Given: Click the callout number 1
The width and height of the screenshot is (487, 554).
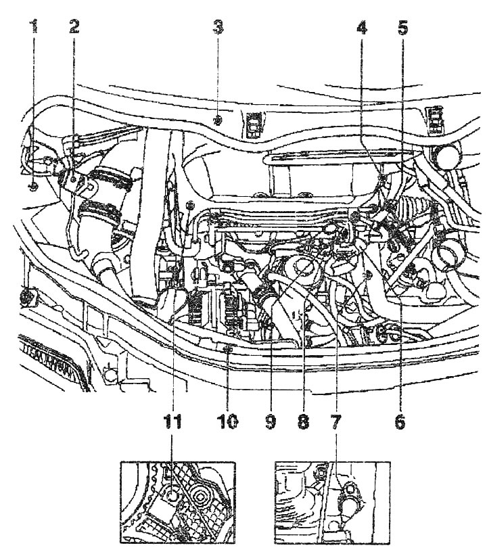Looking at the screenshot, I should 32,27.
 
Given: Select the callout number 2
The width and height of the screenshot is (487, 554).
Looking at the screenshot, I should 74,27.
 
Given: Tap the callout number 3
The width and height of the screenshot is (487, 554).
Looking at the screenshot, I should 217,27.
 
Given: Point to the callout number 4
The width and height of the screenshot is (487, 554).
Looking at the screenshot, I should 363,27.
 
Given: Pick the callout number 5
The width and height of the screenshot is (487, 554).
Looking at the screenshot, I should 402,27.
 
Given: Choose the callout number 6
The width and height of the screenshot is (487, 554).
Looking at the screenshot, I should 400,421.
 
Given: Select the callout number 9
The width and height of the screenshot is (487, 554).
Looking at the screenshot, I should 269,421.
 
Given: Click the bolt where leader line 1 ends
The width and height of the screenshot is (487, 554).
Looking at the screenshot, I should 32,185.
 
